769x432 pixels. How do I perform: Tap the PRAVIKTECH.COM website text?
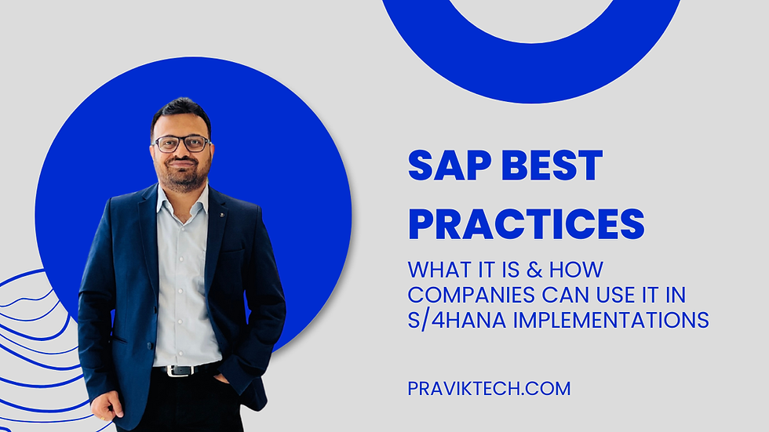pos(488,388)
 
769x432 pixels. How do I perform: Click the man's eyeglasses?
pos(181,143)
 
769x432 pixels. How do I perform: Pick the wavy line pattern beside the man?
pos(31,329)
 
